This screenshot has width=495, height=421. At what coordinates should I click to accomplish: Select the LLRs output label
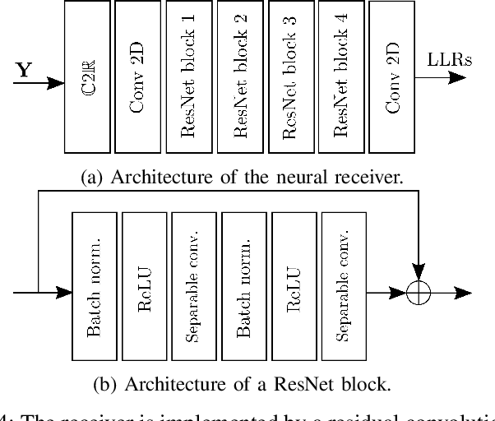[448, 60]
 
